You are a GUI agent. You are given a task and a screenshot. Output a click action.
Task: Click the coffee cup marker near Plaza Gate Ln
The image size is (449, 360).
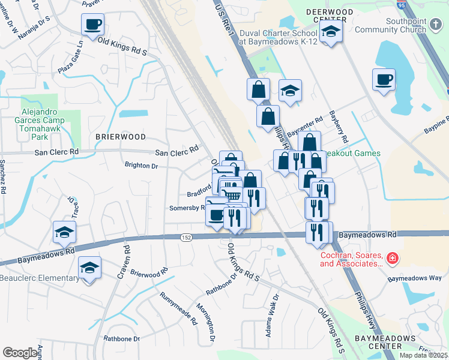coord(92,25)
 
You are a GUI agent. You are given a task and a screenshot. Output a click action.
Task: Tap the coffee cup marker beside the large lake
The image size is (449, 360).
coord(384,79)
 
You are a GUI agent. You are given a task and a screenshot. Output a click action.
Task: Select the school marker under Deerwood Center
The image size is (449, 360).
coord(330,33)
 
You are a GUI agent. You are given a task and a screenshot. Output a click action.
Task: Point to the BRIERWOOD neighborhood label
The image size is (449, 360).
coord(121,137)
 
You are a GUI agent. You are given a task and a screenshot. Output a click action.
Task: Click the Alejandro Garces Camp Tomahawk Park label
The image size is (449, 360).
coord(43,124)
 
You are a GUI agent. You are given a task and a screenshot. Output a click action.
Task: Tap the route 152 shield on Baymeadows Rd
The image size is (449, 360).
coord(187,238)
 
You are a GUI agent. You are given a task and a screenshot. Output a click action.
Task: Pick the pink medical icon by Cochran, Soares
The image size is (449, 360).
coord(392,259)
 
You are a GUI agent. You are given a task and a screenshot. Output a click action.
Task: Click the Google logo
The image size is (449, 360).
coord(20,353)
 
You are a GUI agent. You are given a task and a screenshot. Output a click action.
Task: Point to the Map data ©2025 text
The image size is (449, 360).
coord(423,355)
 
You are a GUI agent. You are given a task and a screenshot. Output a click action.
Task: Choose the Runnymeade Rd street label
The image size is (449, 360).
coord(178,308)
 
